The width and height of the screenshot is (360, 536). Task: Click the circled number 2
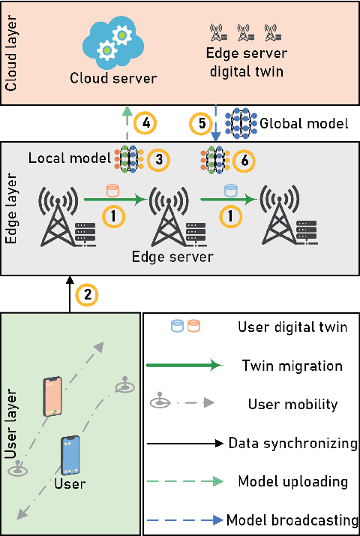(88, 294)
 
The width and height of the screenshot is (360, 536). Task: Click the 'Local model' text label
(70, 158)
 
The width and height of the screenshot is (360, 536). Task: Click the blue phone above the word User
(70, 455)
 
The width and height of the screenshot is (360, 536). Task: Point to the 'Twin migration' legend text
(292, 366)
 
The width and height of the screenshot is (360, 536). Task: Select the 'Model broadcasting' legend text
(292, 520)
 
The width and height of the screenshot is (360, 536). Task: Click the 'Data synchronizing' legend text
(292, 443)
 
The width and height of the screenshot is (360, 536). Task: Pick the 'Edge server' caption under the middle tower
(173, 256)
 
